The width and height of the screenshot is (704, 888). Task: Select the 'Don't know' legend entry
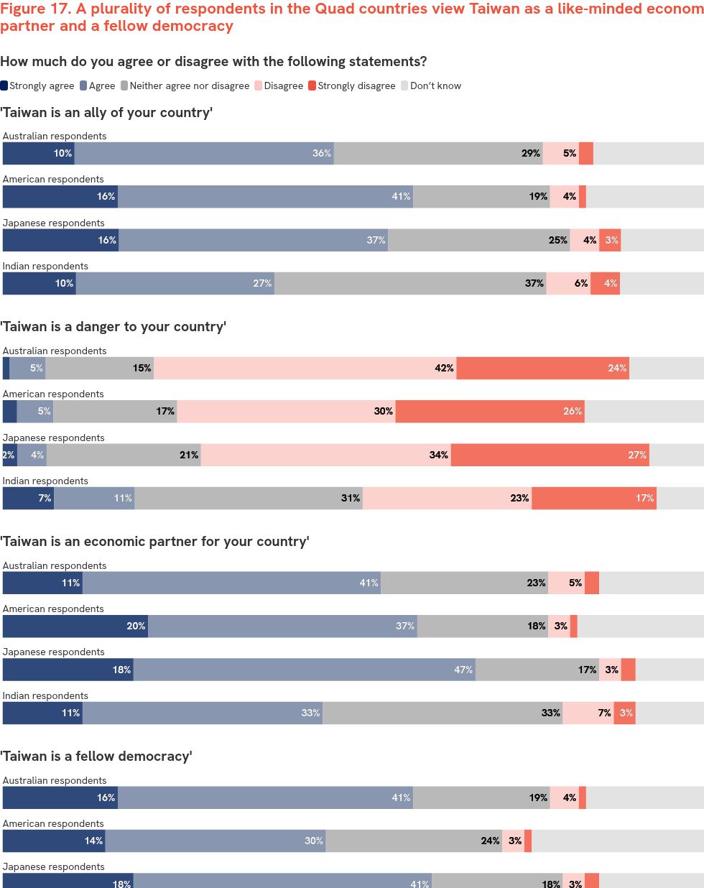coord(431,85)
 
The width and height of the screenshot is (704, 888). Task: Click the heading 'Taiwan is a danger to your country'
coord(114,327)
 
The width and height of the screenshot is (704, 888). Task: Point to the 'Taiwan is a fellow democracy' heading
coord(96,757)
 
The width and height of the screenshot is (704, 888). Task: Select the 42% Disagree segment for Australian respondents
coord(305,368)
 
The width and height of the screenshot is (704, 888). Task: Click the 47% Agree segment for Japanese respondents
coord(304,670)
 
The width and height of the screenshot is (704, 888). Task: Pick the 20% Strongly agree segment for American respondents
coord(75,626)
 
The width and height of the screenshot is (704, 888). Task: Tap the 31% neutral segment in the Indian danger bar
coord(249,498)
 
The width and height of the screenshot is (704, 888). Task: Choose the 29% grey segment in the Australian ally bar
coord(438,153)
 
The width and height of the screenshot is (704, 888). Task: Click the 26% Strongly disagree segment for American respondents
coord(490,411)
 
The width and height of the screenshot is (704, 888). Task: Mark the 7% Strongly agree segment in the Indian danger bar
coord(28,498)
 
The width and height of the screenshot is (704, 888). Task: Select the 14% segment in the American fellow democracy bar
coord(54,841)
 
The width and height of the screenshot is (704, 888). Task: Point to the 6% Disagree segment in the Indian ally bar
coord(568,283)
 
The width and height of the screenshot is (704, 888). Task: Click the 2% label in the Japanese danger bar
coord(9,455)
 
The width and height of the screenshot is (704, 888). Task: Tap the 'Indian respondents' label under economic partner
coord(45,695)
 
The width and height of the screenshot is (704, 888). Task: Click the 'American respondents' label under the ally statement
coord(53,179)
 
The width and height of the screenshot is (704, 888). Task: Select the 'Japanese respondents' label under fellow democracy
coord(53,866)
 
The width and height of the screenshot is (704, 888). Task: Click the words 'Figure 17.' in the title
coord(35,9)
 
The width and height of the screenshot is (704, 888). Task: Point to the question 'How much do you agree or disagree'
coord(213,62)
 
